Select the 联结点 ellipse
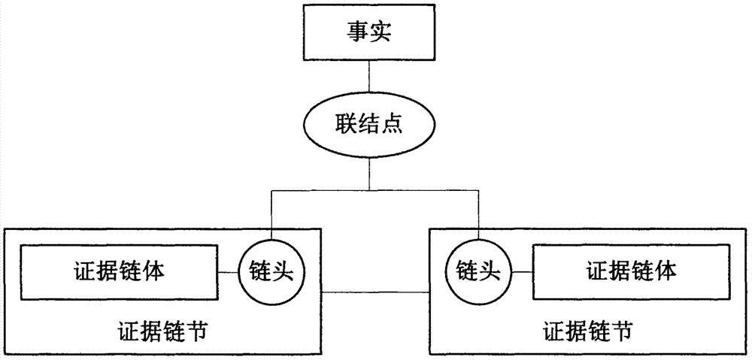coord(368,125)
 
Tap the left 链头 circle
coord(271,271)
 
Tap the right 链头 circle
coord(478,271)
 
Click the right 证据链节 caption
coord(587,330)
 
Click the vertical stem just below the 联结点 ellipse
coord(368,174)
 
